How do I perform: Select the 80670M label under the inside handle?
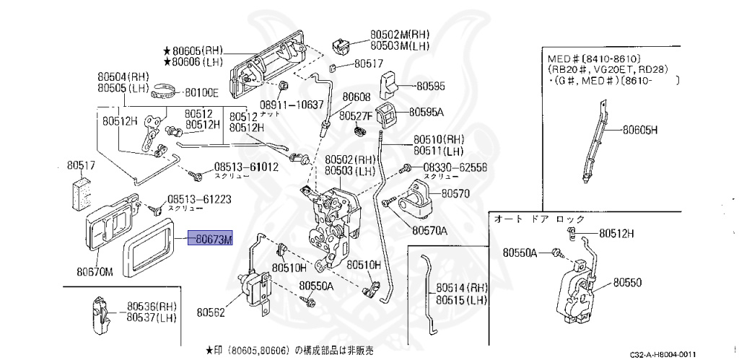click(95, 272)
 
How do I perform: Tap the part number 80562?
click(210, 312)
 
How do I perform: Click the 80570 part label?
click(455, 193)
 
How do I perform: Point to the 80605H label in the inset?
click(641, 131)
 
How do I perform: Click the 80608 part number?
click(356, 97)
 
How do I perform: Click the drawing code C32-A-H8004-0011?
click(663, 354)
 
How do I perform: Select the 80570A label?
click(430, 231)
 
